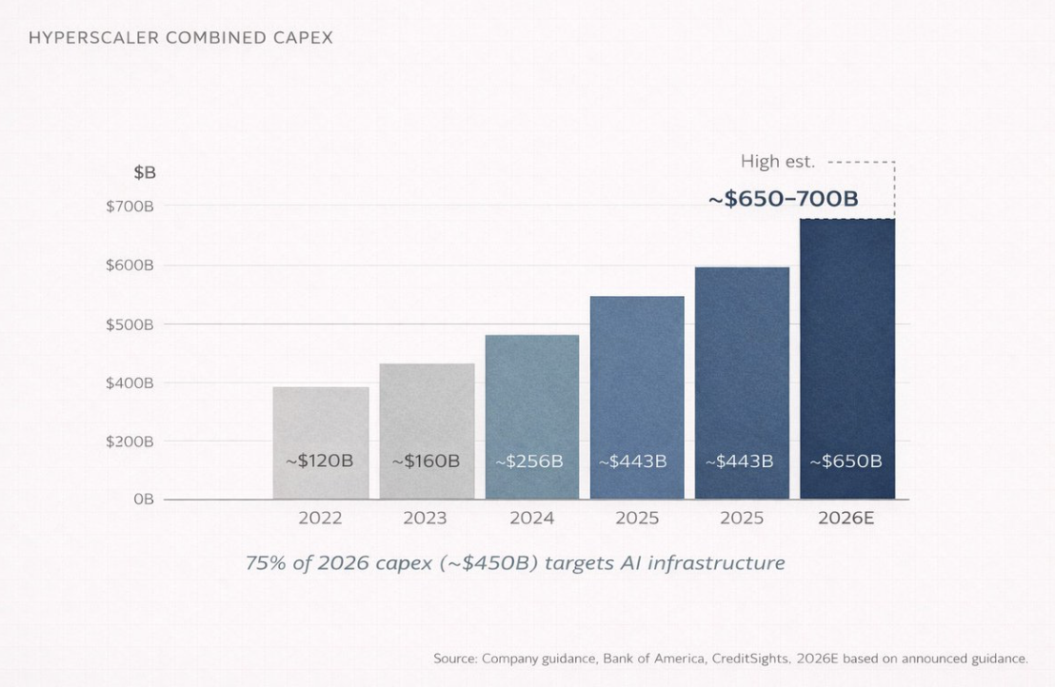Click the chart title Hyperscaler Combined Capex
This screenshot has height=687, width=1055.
point(180,38)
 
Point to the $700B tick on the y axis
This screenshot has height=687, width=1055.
point(129,206)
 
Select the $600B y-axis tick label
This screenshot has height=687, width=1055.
point(129,265)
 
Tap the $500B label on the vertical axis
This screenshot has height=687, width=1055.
point(129,324)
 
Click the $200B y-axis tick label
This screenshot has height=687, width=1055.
point(129,442)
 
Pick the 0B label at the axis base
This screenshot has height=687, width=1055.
point(143,500)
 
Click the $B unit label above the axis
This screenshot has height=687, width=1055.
point(145,173)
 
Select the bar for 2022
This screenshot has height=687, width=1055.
point(321,419)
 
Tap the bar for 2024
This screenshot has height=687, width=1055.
point(532,400)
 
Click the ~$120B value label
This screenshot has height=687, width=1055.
point(320,461)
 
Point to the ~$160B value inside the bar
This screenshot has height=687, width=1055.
point(427,461)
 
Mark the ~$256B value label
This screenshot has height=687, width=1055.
point(529,461)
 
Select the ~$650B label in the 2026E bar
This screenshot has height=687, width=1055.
point(846,461)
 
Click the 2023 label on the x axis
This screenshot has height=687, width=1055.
point(426,519)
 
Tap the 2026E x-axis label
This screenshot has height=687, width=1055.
point(847,519)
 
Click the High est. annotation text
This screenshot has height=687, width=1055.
point(778,162)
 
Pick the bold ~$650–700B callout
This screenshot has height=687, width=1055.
point(784,199)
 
